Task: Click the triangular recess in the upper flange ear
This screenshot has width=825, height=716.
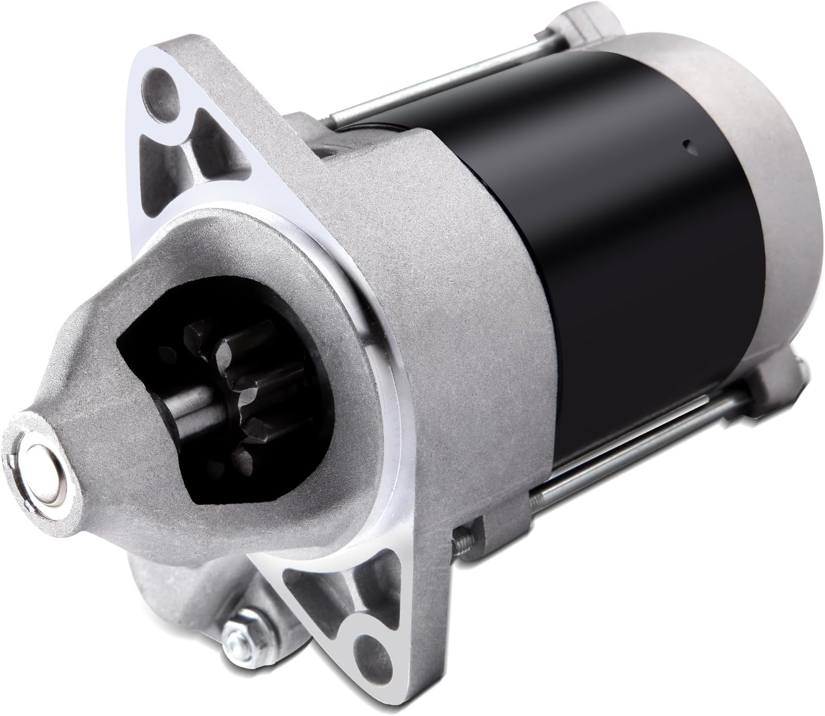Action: (214, 151)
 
